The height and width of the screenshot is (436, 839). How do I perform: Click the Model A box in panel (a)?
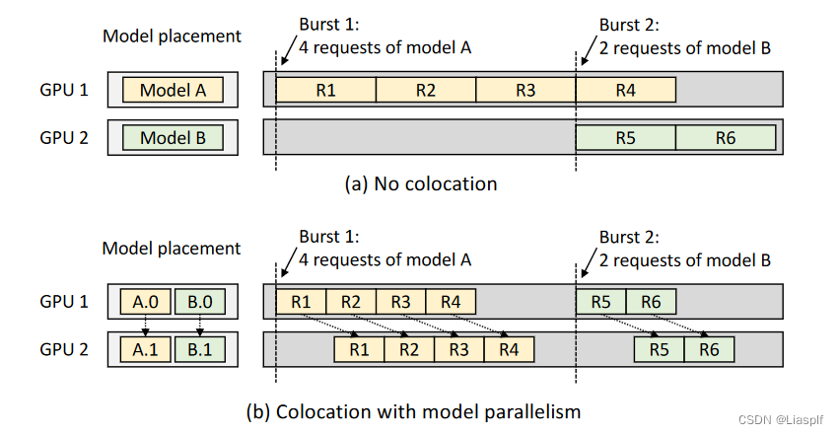173,91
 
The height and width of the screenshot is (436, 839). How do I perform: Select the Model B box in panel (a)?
173,138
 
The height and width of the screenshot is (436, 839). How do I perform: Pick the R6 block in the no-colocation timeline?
726,138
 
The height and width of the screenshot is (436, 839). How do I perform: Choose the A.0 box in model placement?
145,301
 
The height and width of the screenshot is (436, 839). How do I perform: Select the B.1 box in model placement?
200,348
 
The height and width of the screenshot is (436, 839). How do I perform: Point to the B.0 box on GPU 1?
200,301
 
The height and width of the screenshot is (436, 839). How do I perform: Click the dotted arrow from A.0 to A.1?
145,325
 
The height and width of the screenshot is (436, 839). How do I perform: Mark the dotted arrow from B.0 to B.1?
200,325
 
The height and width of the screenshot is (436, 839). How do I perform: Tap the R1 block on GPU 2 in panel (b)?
360,348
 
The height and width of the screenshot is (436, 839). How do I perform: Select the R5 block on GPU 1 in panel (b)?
600,301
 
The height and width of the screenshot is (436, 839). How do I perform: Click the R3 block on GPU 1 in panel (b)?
400,301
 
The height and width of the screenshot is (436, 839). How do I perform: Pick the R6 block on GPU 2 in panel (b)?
710,348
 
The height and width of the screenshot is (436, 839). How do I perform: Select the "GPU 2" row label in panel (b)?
64,348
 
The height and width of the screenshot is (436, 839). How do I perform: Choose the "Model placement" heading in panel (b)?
172,249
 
